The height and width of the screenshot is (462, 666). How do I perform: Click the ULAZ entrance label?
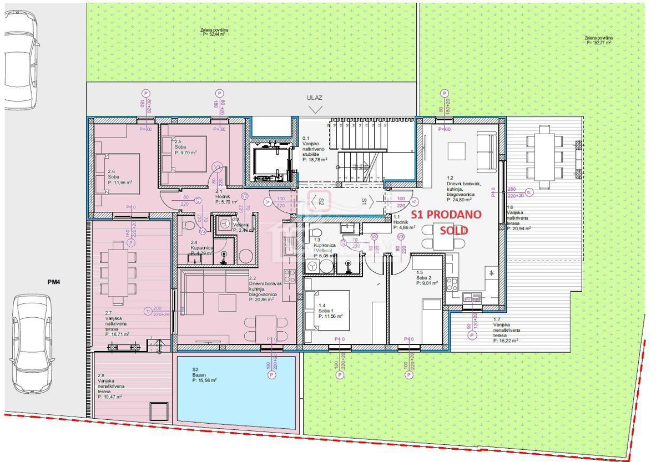tap(315, 98)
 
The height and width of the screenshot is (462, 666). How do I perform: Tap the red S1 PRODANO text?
tap(446, 214)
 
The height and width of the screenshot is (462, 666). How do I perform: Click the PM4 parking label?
tap(53, 282)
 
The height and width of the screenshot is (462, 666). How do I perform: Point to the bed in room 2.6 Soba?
tap(118, 173)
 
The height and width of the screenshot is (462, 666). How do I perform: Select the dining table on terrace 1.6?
tap(543, 156)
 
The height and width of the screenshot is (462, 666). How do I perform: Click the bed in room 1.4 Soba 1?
tap(327, 309)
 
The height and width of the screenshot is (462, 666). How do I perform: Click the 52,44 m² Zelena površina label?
tap(215, 32)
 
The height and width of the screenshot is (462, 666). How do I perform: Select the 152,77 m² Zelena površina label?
tap(597, 40)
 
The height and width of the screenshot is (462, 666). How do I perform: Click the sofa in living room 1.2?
tap(487, 151)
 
